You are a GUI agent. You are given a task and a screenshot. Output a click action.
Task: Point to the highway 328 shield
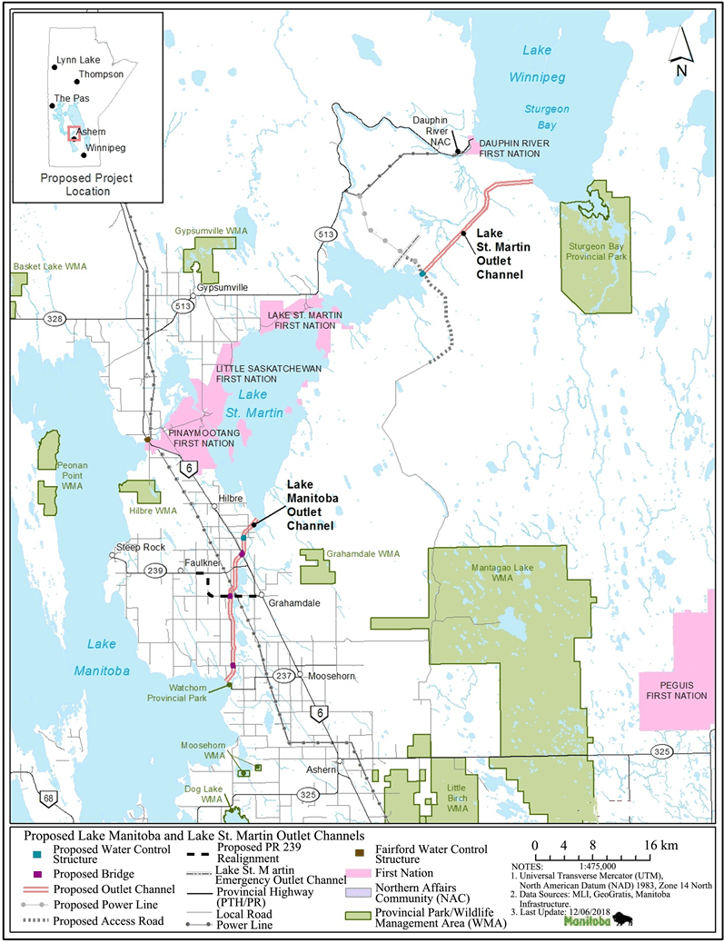tap(55, 319)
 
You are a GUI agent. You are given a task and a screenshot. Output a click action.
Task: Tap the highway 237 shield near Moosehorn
tap(283, 675)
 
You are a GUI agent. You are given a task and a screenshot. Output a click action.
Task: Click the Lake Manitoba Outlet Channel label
tap(310, 505)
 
